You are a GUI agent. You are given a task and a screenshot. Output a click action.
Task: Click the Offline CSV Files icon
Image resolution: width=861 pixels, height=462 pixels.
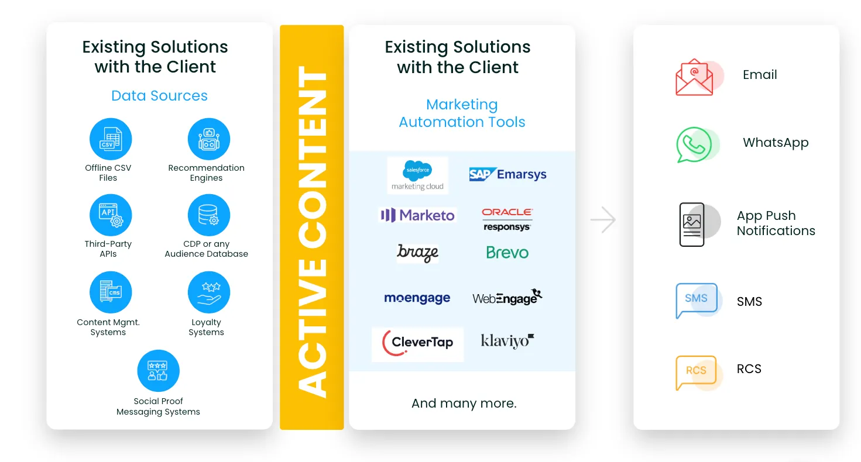(x=111, y=139)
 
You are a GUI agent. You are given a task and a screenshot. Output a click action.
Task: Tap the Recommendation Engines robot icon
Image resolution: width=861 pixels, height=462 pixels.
(x=209, y=139)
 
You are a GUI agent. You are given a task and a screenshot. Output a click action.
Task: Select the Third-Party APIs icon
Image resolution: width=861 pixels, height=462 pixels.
(x=111, y=215)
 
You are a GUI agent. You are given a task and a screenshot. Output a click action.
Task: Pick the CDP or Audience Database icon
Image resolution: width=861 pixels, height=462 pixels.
(x=209, y=215)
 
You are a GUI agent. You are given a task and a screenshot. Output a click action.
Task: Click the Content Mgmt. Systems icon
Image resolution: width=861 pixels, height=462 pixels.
(x=111, y=292)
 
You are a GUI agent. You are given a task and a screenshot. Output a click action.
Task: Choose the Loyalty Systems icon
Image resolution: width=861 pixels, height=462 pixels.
(x=209, y=292)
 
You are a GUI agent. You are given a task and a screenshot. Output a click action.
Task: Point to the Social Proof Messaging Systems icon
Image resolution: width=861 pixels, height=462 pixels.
(x=159, y=371)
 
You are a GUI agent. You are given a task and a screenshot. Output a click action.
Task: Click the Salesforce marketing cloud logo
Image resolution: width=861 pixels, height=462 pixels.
(x=417, y=175)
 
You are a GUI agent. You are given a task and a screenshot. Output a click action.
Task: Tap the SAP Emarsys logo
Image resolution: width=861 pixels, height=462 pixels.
(x=507, y=174)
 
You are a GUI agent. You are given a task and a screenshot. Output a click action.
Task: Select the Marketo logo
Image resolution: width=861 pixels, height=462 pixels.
(x=417, y=215)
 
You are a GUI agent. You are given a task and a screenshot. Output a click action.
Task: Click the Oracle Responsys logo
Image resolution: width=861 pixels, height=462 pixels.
(x=507, y=219)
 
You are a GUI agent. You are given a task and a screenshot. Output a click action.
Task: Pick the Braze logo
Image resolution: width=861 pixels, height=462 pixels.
(x=417, y=253)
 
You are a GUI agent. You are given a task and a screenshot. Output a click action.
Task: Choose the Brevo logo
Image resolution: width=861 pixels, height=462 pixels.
(x=507, y=252)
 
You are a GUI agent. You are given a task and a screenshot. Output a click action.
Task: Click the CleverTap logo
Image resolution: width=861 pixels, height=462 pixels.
(x=417, y=343)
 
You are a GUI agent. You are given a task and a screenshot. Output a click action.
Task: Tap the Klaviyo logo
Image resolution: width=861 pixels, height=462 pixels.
(x=507, y=341)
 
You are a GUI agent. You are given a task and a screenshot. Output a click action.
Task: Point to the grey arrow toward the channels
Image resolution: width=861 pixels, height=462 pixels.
(x=603, y=220)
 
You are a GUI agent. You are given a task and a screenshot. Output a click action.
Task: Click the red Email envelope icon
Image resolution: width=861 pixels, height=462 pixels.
(x=695, y=77)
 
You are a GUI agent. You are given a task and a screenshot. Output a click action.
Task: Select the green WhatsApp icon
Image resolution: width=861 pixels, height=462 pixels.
(x=694, y=145)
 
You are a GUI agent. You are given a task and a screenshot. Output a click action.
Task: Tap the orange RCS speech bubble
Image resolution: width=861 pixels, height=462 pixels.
(x=696, y=372)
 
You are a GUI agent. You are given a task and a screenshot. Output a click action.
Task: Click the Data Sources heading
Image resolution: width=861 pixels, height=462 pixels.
(x=159, y=96)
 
